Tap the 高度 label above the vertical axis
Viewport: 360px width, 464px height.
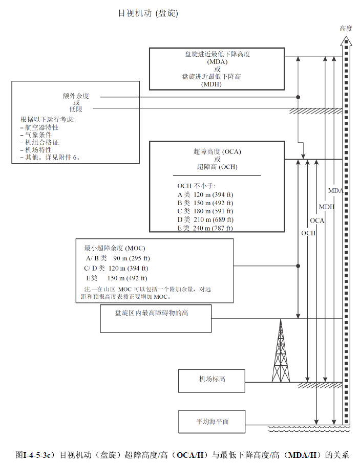(346, 29)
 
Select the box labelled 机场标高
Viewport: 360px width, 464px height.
(211, 380)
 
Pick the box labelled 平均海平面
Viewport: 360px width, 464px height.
(211, 422)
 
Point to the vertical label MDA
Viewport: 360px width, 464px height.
(335, 191)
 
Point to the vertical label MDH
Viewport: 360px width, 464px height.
(326, 207)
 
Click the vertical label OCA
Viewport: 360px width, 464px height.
(317, 220)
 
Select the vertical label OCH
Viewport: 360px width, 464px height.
(308, 233)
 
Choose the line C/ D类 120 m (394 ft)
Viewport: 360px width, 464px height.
(116, 268)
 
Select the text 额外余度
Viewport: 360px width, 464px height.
(76, 96)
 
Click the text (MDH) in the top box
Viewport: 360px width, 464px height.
(217, 84)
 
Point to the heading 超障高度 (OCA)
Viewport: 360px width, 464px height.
(217, 151)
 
